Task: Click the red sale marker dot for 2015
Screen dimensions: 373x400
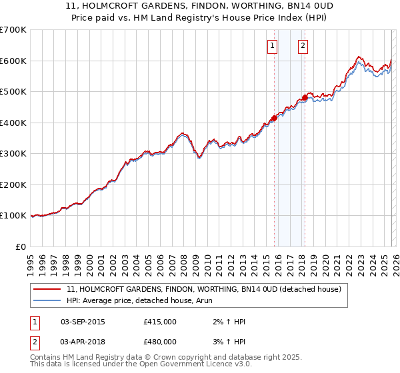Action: [274, 118]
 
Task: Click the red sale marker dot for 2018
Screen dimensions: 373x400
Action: [305, 98]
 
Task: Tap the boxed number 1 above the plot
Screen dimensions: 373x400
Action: [273, 46]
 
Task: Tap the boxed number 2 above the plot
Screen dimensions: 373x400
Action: [303, 46]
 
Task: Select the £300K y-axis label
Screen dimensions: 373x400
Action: [13, 154]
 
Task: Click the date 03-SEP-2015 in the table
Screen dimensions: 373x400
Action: [83, 322]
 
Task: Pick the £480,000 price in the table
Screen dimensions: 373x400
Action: [160, 342]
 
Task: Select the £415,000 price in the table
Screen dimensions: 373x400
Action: [160, 322]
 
